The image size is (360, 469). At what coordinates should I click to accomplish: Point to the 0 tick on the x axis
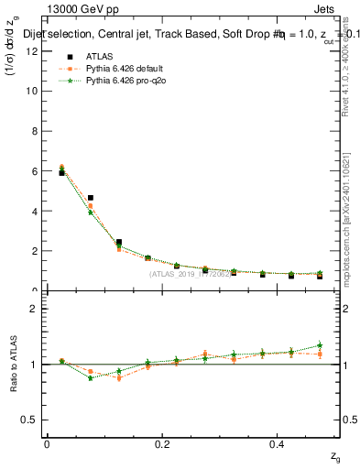click(47, 443)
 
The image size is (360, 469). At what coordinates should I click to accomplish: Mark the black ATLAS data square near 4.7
click(91, 198)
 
